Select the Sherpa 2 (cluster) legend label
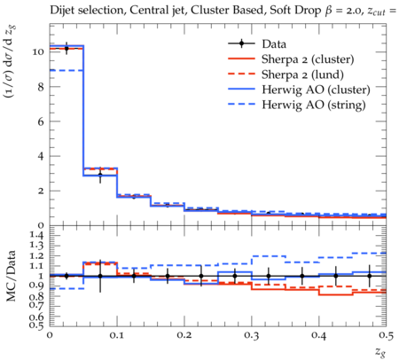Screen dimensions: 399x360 click(x=308, y=59)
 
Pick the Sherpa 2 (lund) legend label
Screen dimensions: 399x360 click(x=302, y=74)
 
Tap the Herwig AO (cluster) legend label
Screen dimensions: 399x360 click(x=316, y=90)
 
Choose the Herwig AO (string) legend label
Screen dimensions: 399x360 click(x=314, y=105)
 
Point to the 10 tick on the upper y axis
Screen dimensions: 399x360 click(x=38, y=52)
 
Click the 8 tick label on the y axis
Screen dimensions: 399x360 click(x=41, y=87)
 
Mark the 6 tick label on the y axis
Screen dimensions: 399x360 click(x=41, y=121)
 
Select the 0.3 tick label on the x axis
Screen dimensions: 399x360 click(x=252, y=335)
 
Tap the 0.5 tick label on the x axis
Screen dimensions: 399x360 click(x=386, y=335)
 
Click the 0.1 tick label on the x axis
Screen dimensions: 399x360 click(x=117, y=335)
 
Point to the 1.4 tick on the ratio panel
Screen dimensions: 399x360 click(x=37, y=235)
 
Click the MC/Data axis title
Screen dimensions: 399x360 click(x=12, y=276)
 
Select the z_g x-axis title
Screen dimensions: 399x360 click(x=380, y=351)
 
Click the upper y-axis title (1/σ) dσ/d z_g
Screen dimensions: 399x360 click(x=12, y=61)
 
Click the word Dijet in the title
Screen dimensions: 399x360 click(x=61, y=11)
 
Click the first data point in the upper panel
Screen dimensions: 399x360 click(x=66, y=49)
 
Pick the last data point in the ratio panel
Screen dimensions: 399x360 click(x=370, y=276)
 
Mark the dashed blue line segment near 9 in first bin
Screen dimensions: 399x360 click(x=66, y=70)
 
